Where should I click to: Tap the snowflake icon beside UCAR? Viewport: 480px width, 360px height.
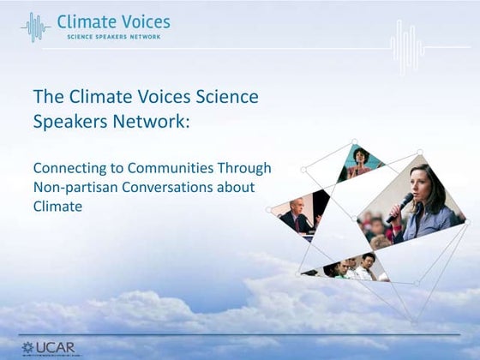[27, 348]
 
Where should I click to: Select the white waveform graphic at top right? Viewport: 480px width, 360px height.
[407, 42]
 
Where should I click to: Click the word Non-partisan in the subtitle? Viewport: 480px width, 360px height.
[72, 187]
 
